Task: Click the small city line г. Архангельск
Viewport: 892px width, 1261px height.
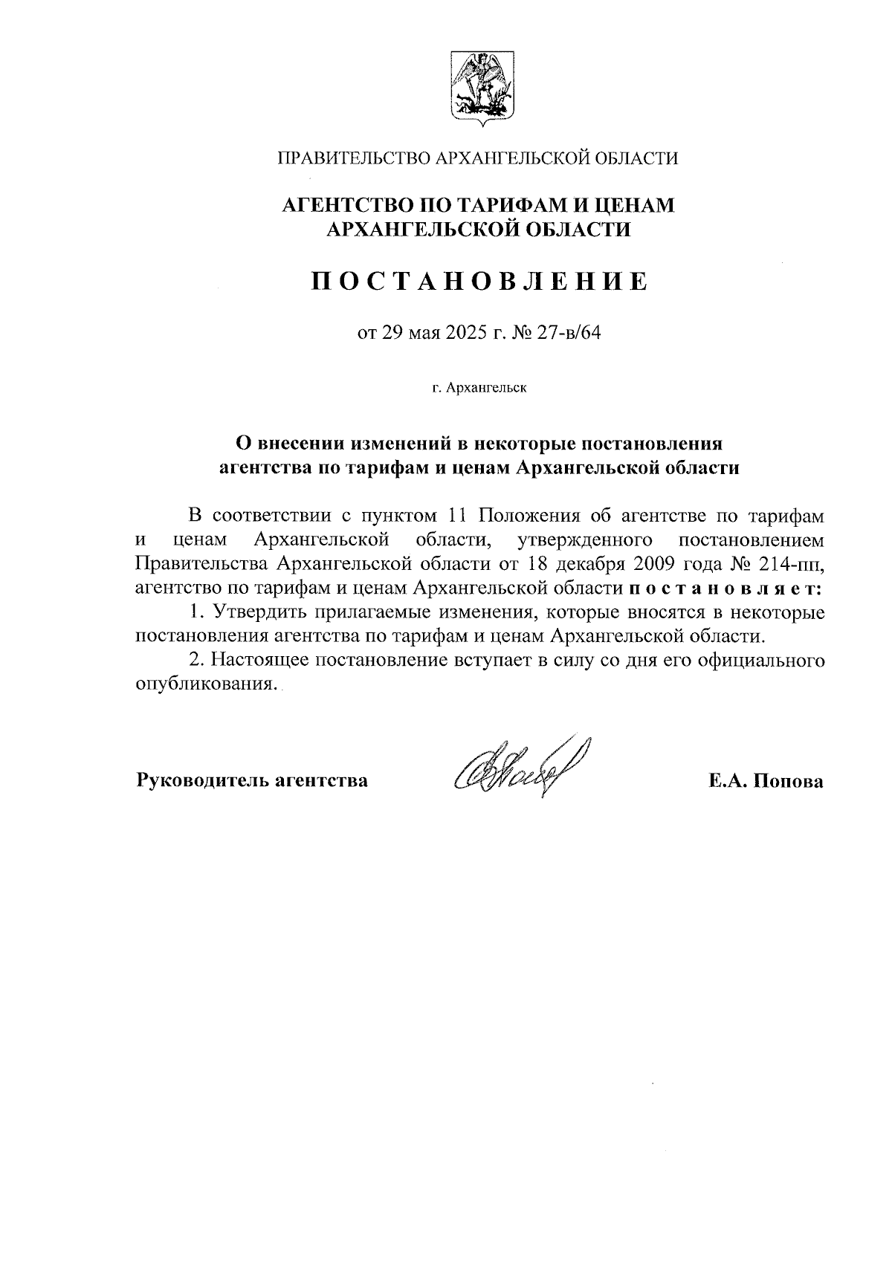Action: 479,388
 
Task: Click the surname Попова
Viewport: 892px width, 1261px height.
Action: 790,781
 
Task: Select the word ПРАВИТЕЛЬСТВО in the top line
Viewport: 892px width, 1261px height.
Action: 353,158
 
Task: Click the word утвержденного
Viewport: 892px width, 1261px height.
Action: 582,539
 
